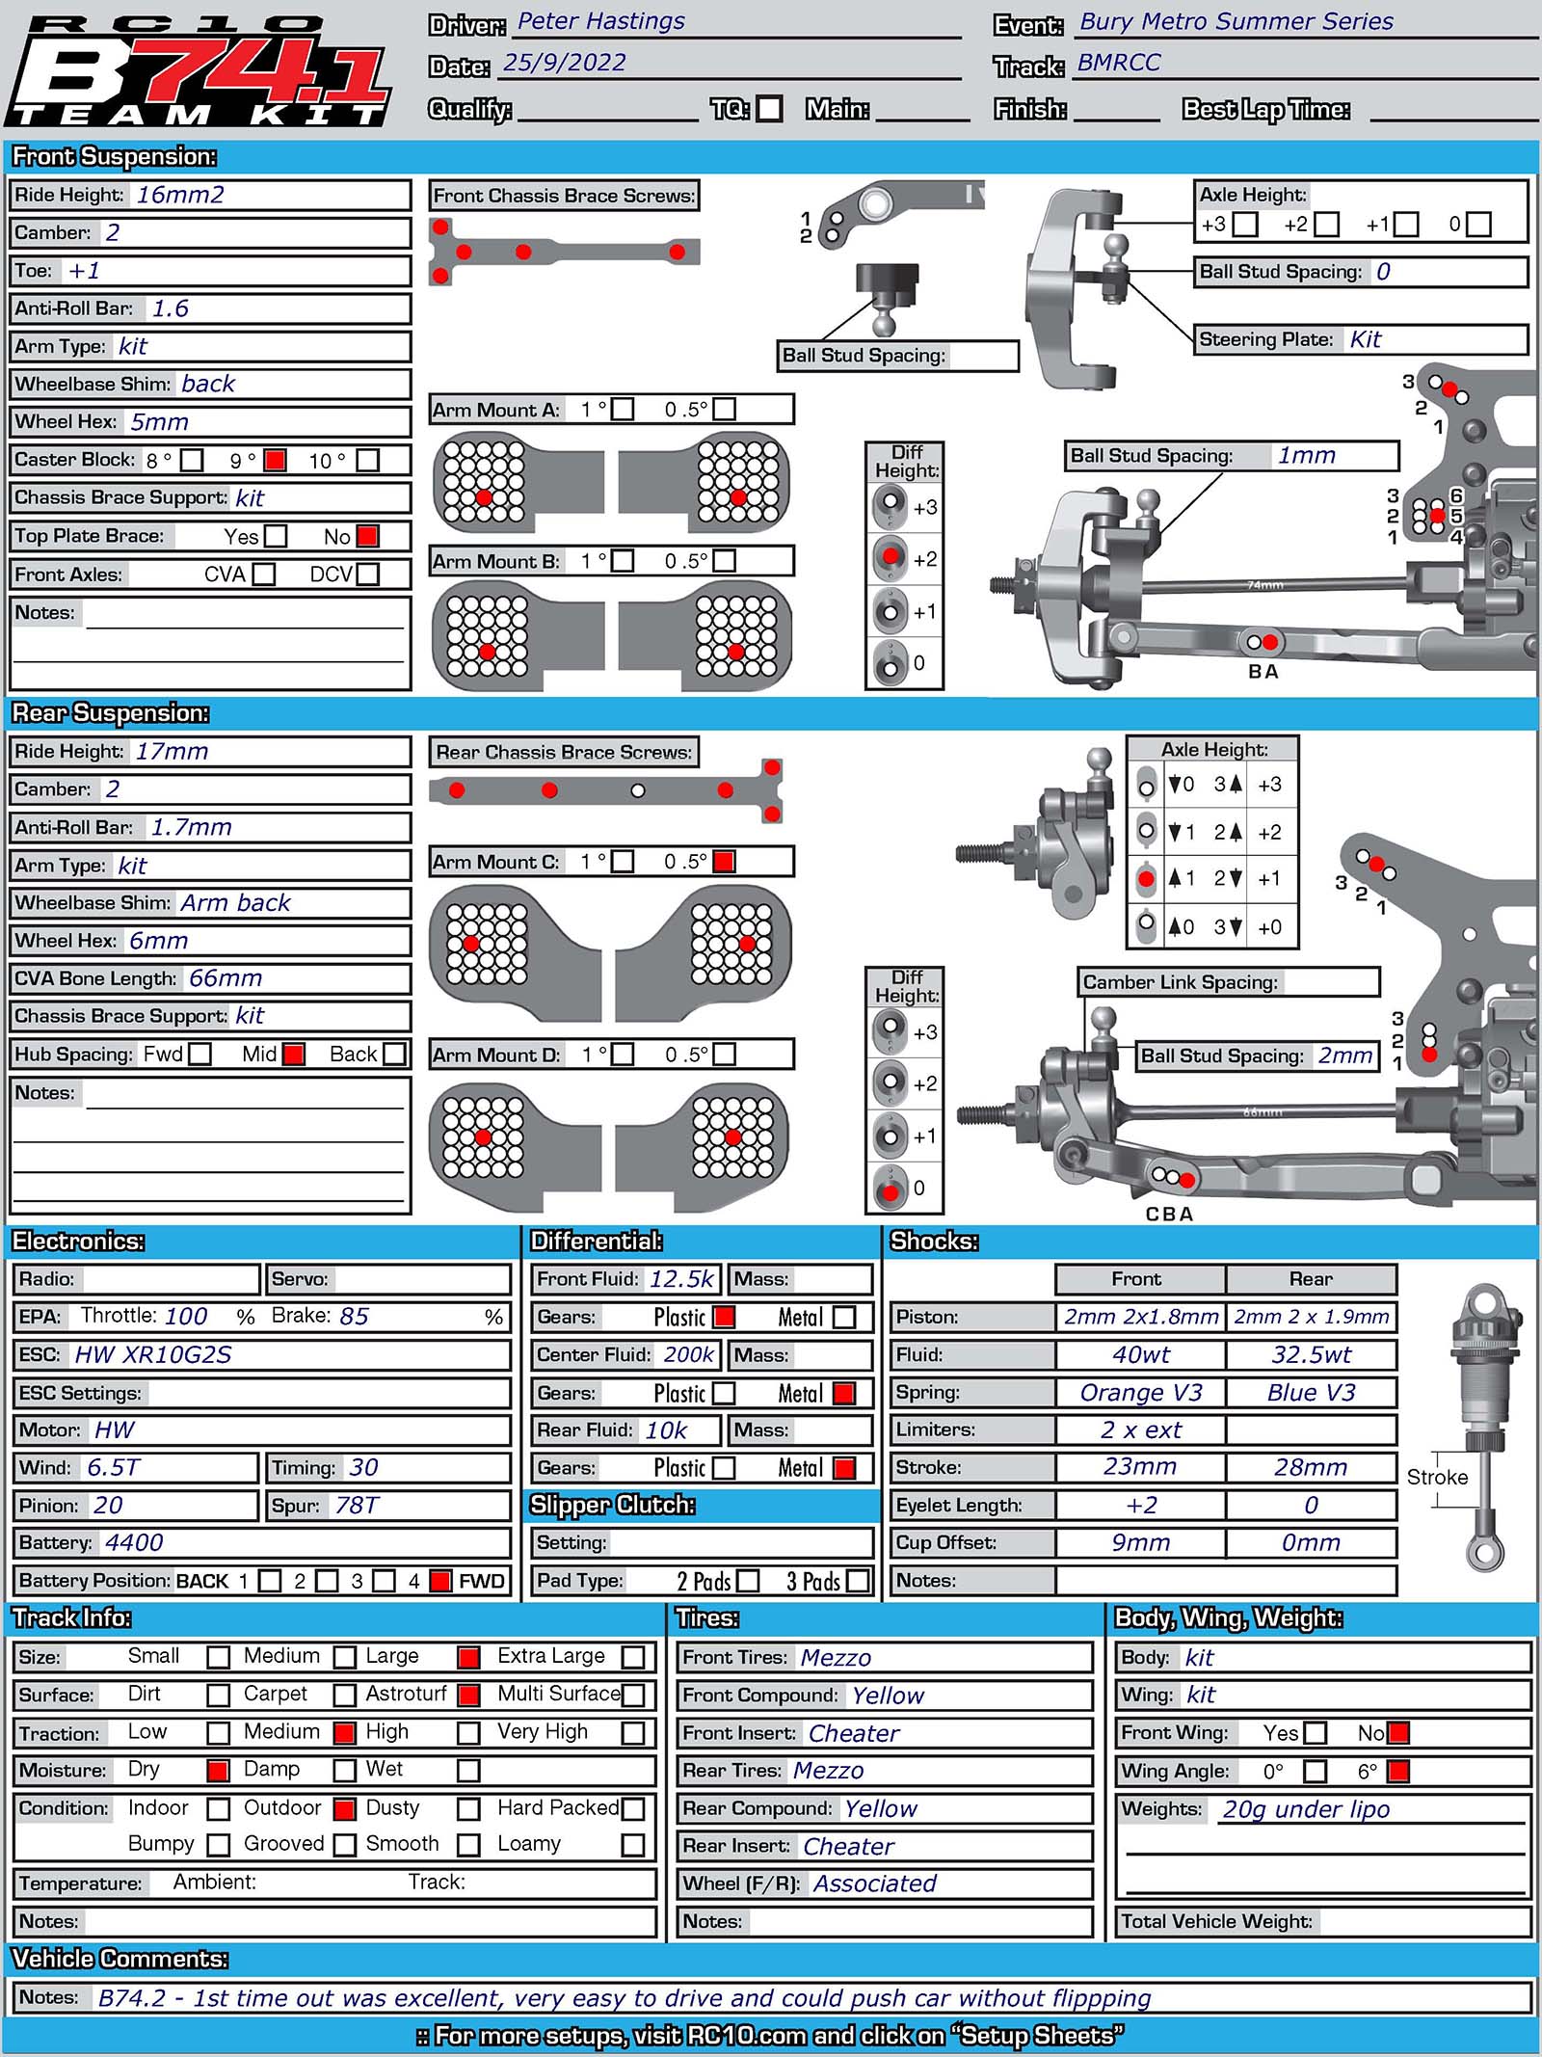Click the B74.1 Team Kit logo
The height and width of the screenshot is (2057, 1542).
pyautogui.click(x=199, y=72)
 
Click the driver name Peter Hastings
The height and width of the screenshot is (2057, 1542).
pyautogui.click(x=601, y=21)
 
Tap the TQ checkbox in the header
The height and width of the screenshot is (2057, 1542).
pyautogui.click(x=769, y=108)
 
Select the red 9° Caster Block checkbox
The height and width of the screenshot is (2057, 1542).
pyautogui.click(x=275, y=460)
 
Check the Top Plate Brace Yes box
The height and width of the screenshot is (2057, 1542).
pyautogui.click(x=276, y=536)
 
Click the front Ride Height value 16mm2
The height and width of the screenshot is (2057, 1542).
pyautogui.click(x=180, y=195)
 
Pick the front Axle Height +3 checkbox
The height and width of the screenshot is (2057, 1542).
pyautogui.click(x=1245, y=225)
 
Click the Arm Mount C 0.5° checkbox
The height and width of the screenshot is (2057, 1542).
pyautogui.click(x=724, y=862)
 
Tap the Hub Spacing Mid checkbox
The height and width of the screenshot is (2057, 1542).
pyautogui.click(x=294, y=1054)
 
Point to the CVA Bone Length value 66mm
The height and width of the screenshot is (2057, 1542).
pyautogui.click(x=226, y=978)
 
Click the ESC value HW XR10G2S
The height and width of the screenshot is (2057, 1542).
pyautogui.click(x=153, y=1354)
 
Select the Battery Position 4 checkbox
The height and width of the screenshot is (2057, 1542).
pyautogui.click(x=439, y=1581)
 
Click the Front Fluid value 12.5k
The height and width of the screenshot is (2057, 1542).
pyautogui.click(x=681, y=1279)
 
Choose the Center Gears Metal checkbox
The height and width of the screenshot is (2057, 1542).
pyautogui.click(x=843, y=1393)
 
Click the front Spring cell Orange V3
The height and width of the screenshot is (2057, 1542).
pyautogui.click(x=1141, y=1393)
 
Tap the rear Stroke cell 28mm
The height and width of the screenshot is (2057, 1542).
pyautogui.click(x=1311, y=1467)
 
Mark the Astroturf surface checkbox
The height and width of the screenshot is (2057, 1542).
pyautogui.click(x=468, y=1695)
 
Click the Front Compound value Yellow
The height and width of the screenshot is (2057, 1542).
pyautogui.click(x=888, y=1696)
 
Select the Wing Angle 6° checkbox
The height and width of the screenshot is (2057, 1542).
pyautogui.click(x=1397, y=1771)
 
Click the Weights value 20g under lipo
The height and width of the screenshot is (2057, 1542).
pyautogui.click(x=1306, y=1809)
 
